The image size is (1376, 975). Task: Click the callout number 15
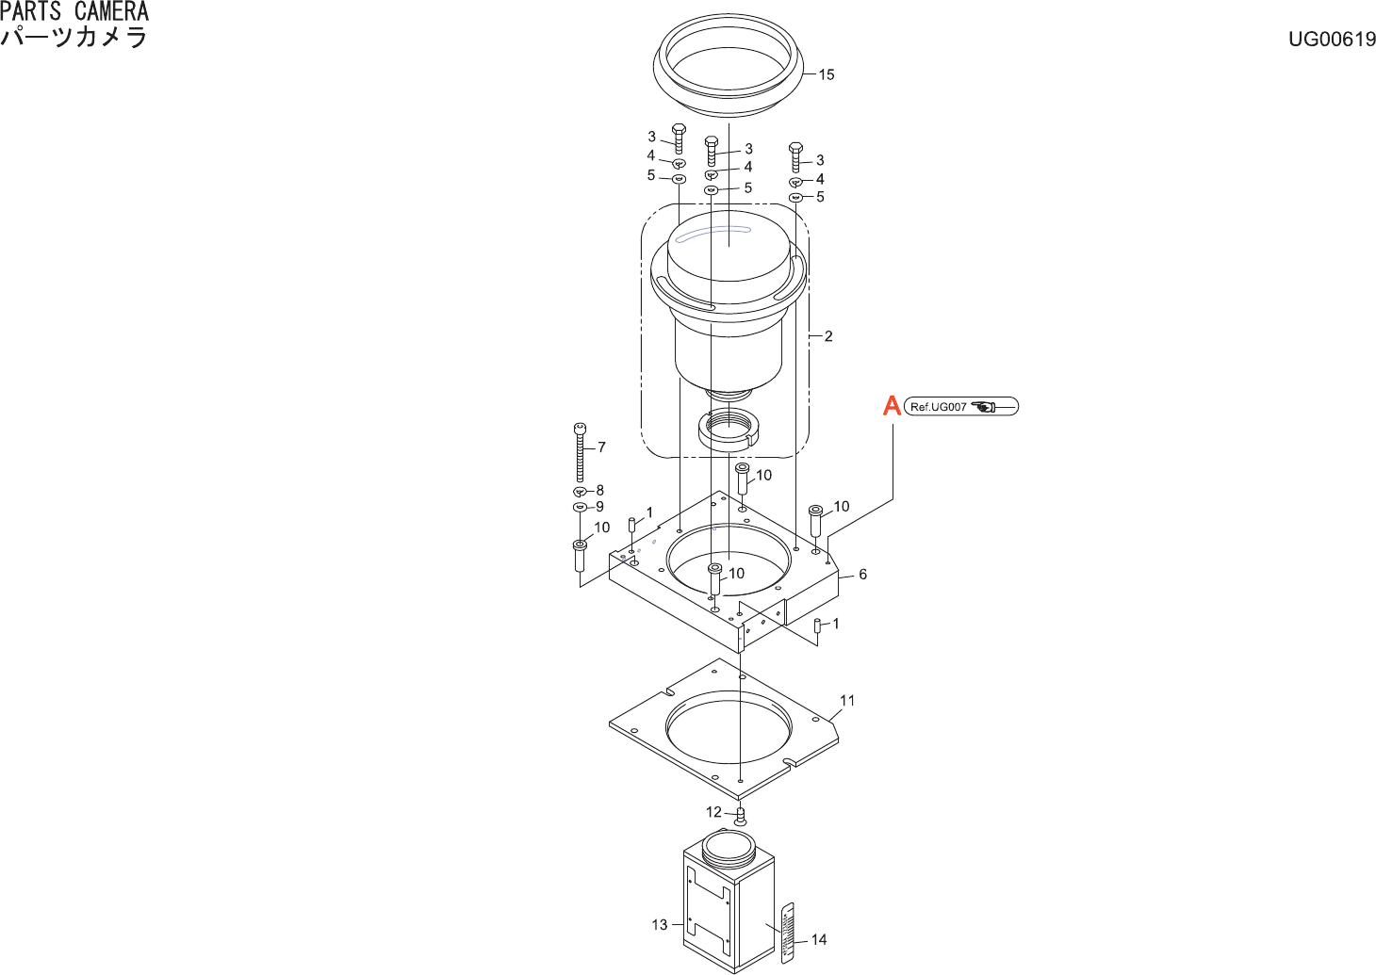[827, 74]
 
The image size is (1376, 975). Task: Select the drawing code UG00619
[1332, 39]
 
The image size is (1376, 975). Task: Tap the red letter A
[892, 406]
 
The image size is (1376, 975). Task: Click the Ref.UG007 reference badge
[960, 407]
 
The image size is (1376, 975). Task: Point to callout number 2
[828, 336]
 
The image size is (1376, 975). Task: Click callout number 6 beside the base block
[862, 575]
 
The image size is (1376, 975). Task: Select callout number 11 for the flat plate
[847, 701]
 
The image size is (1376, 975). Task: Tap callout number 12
[713, 812]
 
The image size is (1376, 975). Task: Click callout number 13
[660, 925]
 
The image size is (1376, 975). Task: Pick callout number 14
[819, 939]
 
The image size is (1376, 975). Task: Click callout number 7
[601, 447]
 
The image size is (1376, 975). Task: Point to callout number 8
[599, 490]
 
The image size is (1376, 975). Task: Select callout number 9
[599, 507]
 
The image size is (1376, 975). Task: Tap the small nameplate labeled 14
[788, 933]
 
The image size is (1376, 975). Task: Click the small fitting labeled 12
[740, 817]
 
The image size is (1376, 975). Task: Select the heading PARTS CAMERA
[74, 12]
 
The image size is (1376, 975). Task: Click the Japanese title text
[74, 38]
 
